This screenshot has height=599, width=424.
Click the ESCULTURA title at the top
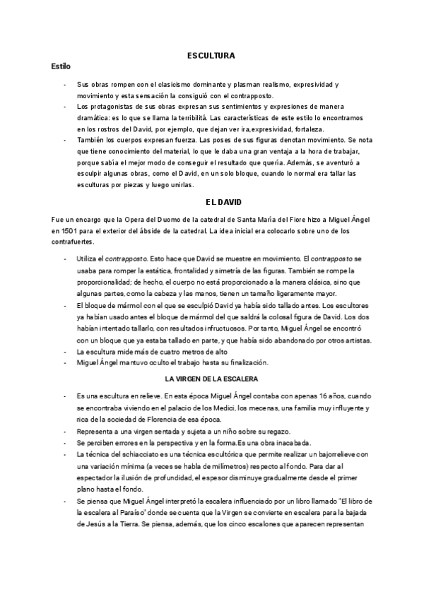[x=211, y=54]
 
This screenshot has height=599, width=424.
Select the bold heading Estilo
[x=61, y=66]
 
